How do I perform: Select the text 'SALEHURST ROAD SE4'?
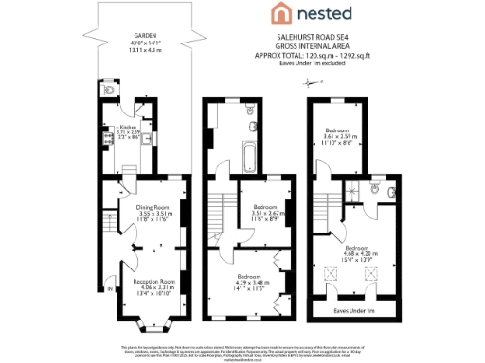[x=313, y=36]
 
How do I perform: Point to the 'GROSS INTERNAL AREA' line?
[x=313, y=44]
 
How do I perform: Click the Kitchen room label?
[x=129, y=126]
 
